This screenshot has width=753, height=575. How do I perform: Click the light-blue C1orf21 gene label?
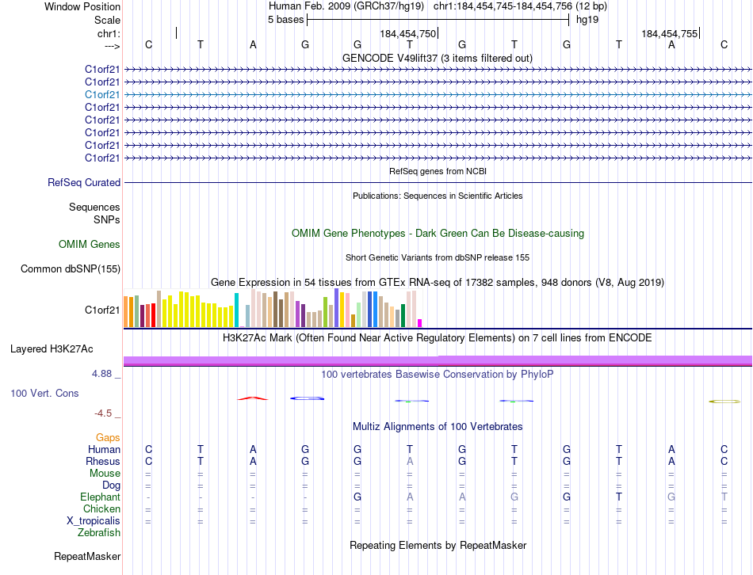(x=102, y=94)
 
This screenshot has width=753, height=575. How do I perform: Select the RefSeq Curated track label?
(x=84, y=183)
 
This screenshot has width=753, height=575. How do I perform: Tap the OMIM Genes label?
(x=90, y=245)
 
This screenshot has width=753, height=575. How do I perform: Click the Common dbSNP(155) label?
(x=71, y=269)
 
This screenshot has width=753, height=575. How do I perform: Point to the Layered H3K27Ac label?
(x=52, y=348)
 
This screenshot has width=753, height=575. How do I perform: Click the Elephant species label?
(x=100, y=497)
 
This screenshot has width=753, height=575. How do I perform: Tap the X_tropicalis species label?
(x=94, y=521)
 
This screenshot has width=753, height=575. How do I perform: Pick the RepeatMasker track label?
(x=87, y=557)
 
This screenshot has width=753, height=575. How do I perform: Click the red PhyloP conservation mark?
(x=253, y=398)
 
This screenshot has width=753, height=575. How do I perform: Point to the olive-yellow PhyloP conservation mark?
(x=724, y=402)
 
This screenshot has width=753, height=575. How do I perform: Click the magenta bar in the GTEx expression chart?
(x=420, y=322)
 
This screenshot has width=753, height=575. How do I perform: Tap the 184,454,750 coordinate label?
(x=407, y=34)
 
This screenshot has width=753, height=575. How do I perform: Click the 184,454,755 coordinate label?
(x=670, y=34)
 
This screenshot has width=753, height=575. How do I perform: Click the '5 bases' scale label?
(x=285, y=20)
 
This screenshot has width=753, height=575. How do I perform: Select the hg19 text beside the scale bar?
(x=587, y=20)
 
